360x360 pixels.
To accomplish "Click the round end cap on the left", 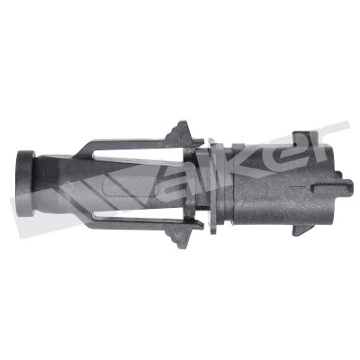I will click(x=26, y=184).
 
